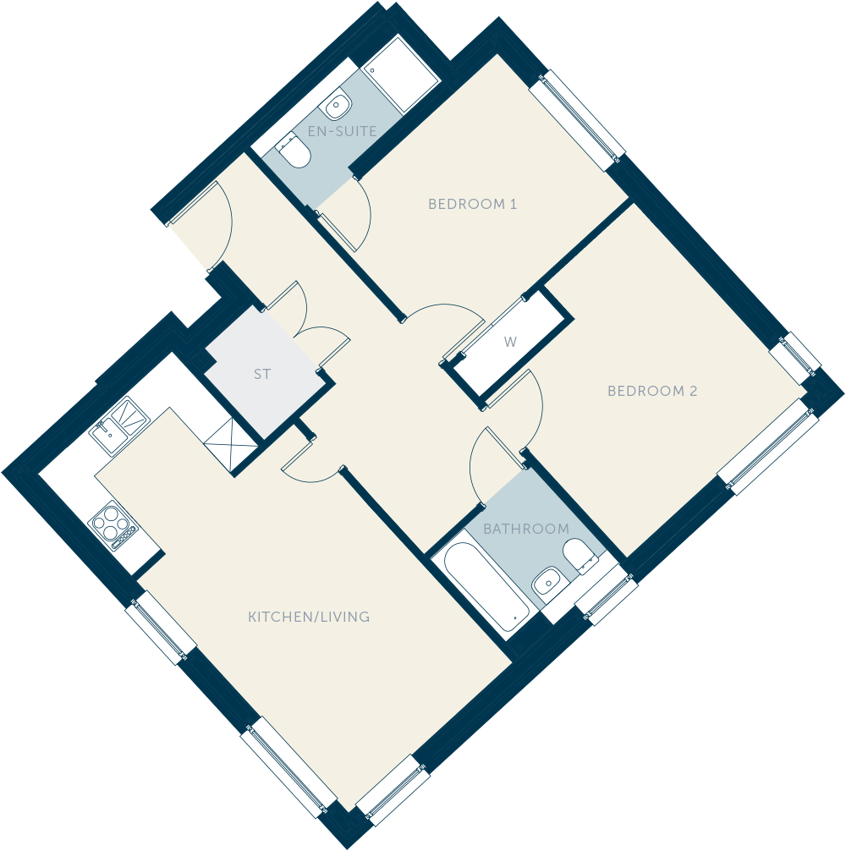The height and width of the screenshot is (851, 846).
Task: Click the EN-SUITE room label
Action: click(x=342, y=131)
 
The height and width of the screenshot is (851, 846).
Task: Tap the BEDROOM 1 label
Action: click(x=472, y=204)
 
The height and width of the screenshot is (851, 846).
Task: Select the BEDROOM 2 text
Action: click(x=651, y=391)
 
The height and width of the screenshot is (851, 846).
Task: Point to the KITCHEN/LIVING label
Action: click(x=309, y=617)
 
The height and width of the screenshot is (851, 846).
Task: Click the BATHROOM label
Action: click(x=526, y=529)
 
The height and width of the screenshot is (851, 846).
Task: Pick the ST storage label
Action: click(x=262, y=374)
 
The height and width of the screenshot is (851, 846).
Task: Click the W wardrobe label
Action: click(x=510, y=342)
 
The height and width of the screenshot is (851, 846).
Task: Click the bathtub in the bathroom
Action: click(x=486, y=579)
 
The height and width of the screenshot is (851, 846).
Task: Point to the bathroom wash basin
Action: click(x=546, y=582)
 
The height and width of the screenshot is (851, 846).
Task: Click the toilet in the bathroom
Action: click(x=580, y=557)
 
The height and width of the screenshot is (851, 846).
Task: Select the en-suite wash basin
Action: click(x=338, y=105)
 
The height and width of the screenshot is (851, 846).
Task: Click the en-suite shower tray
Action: click(x=400, y=75)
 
